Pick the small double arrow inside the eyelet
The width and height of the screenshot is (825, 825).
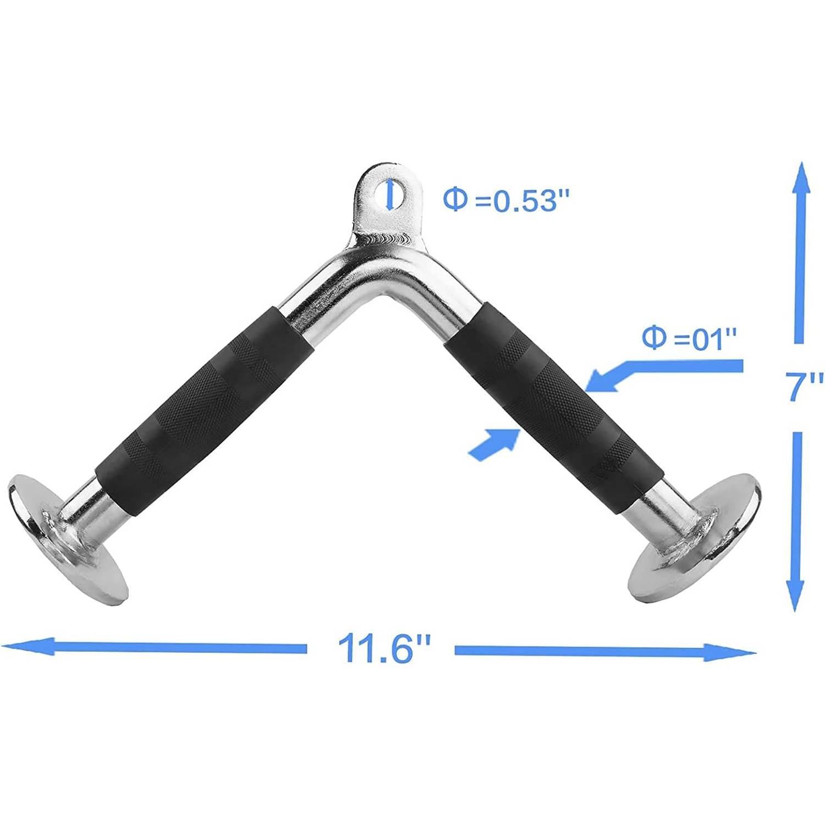389,195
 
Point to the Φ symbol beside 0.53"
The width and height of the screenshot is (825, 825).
455,199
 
